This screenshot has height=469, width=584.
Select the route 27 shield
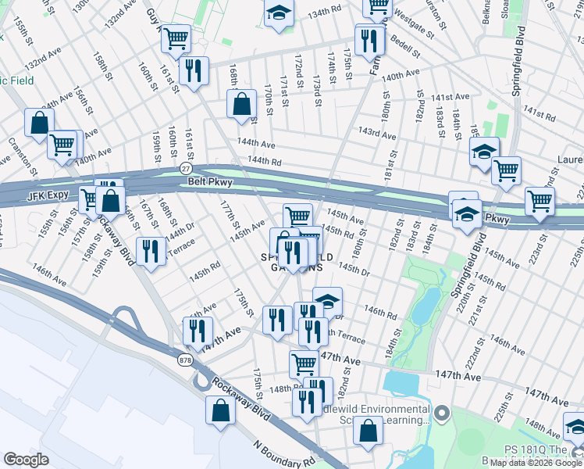pos(185,168)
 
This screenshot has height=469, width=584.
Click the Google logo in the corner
pos(27,460)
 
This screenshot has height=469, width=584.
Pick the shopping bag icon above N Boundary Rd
pos(220,410)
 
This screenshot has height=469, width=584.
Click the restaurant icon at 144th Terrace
pos(150,251)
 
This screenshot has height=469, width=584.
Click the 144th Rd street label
pos(264,160)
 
